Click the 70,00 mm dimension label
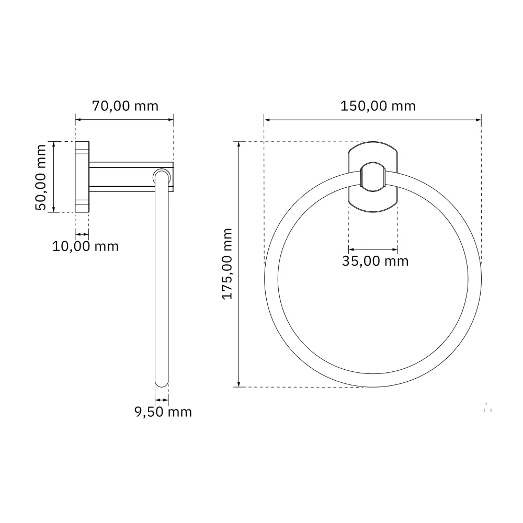pyautogui.click(x=125, y=106)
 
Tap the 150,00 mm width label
pyautogui.click(x=378, y=106)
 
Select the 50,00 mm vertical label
pyautogui.click(x=41, y=177)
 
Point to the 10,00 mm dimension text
pyautogui.click(x=85, y=246)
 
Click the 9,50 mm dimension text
pyautogui.click(x=163, y=412)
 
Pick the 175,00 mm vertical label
pyautogui.click(x=227, y=264)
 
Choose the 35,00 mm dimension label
pyautogui.click(x=375, y=261)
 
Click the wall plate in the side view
pyautogui.click(x=82, y=177)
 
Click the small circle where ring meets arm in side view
pyautogui.click(x=162, y=177)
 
